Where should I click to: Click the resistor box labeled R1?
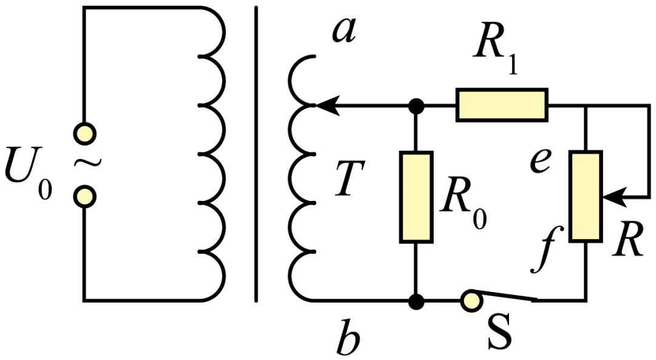click(502, 105)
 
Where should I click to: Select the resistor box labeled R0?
click(416, 197)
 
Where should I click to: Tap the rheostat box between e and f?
click(586, 196)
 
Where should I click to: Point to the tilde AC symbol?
click(87, 163)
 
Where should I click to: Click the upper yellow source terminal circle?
click(84, 134)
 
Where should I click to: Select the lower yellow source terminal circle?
click(84, 197)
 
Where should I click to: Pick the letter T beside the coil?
click(350, 178)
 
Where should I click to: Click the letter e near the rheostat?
click(540, 161)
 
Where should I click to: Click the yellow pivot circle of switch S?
click(471, 301)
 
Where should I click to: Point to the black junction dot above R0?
click(416, 106)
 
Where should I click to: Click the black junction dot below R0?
click(416, 301)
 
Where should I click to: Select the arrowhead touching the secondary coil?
click(326, 106)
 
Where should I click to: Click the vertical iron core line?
click(256, 154)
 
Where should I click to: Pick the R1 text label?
click(496, 50)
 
